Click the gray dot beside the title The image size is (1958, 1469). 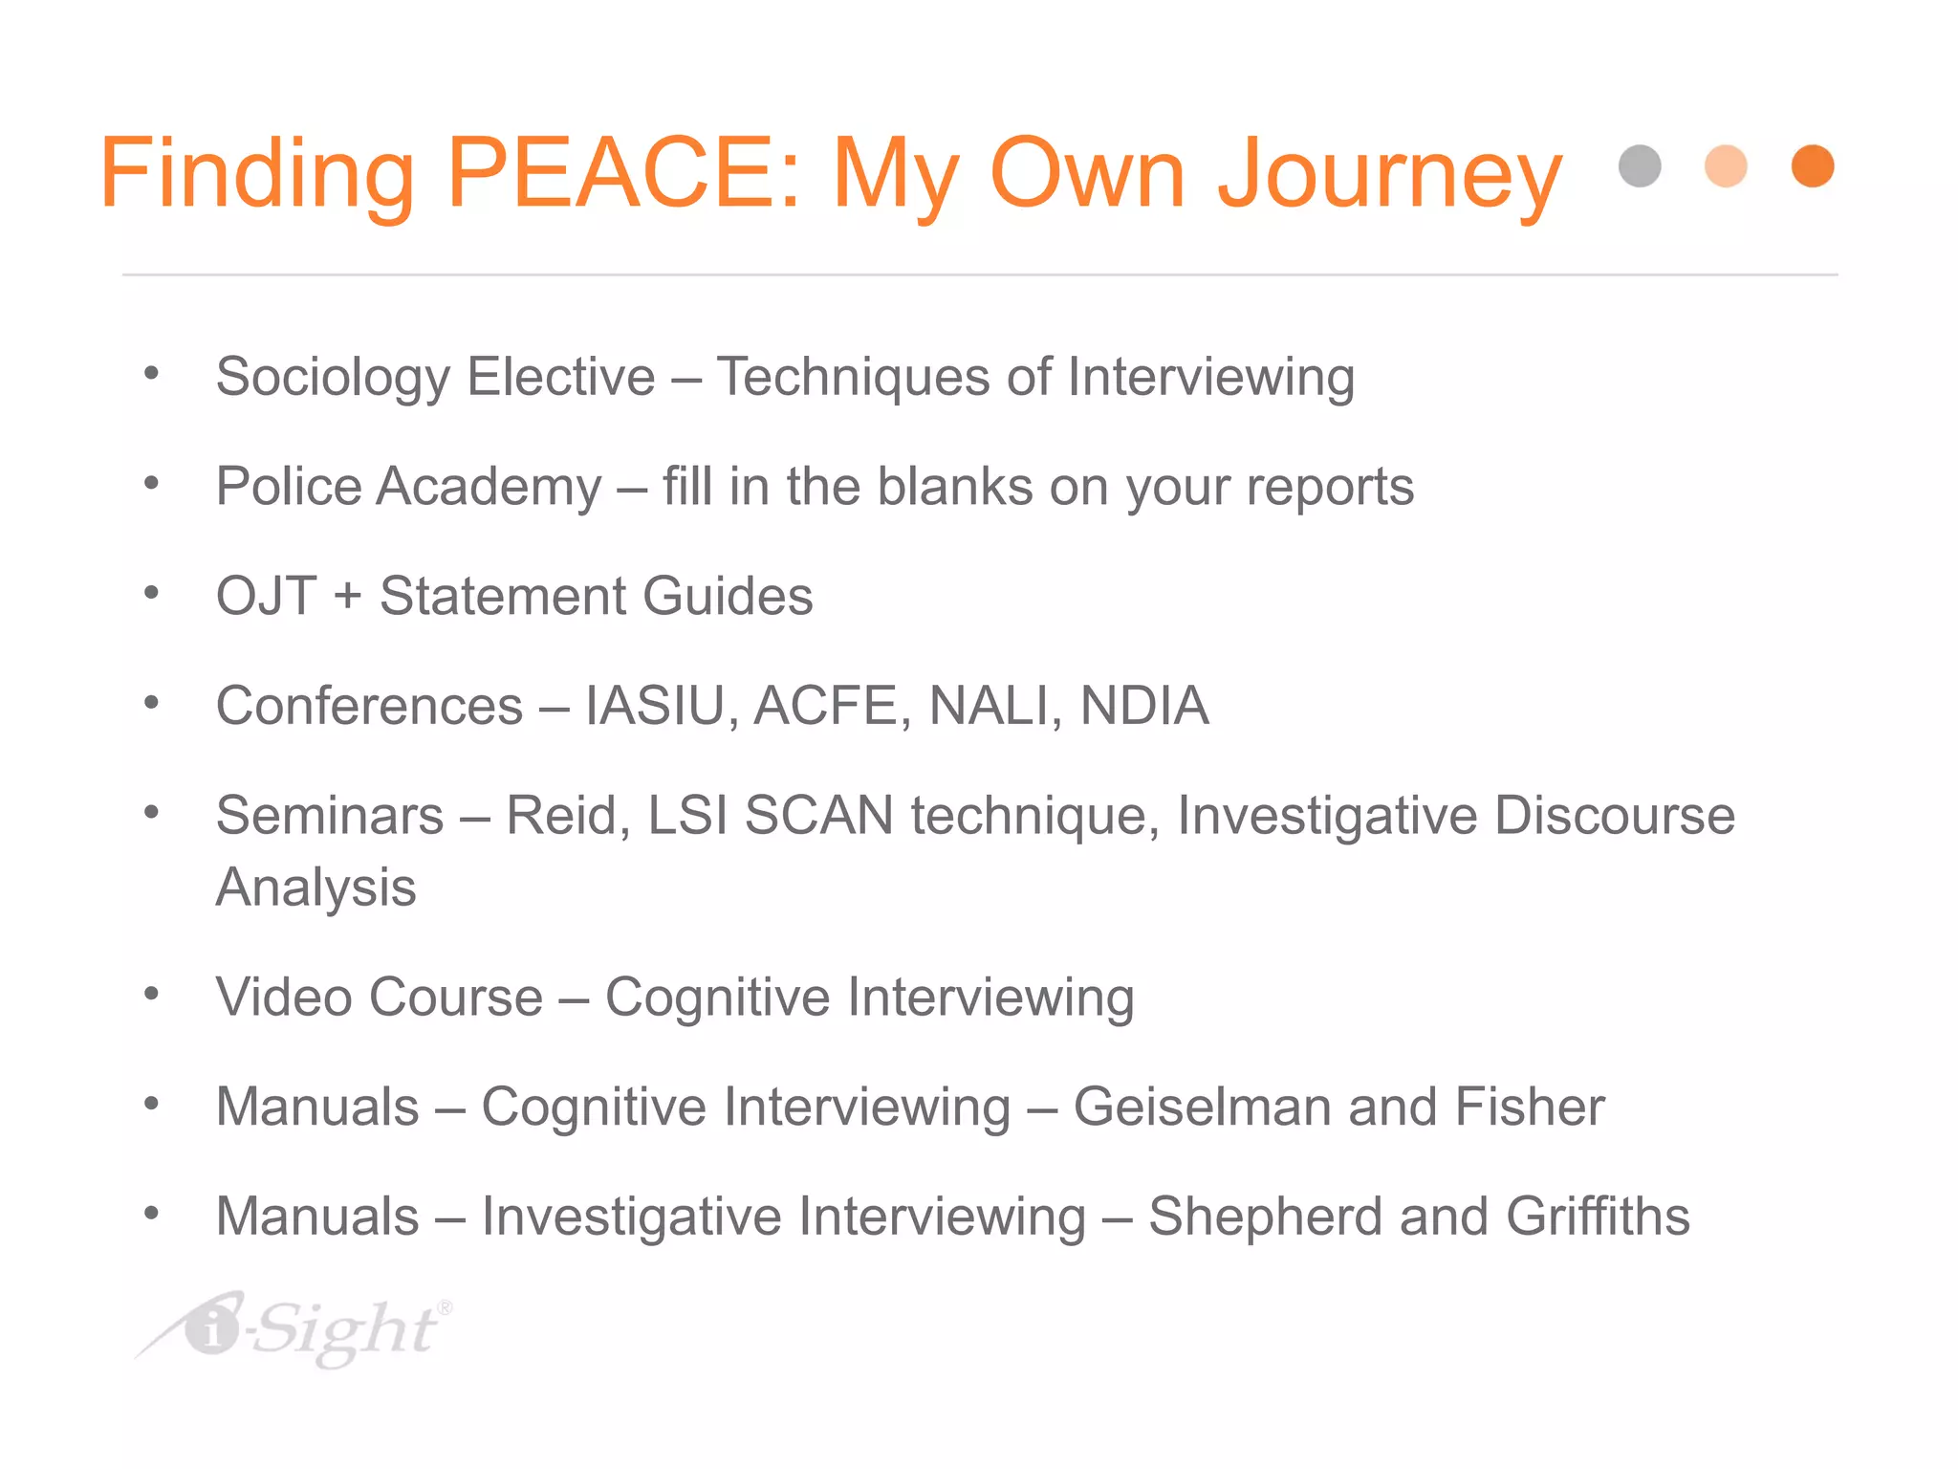coord(1640,166)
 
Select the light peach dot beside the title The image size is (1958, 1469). coord(1726,166)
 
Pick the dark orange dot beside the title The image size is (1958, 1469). coord(1813,166)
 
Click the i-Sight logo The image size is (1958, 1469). coord(296,1329)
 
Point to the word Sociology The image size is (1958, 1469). coord(332,377)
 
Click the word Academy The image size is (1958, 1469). coord(489,487)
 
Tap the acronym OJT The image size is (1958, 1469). coord(266,596)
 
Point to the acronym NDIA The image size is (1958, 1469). coord(1144,706)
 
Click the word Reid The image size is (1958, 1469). coord(568,816)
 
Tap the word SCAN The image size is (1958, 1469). coord(818,816)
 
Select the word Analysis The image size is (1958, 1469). coord(315,888)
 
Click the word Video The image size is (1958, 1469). coord(284,998)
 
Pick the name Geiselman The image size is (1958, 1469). coord(1202,1107)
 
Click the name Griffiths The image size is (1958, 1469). coord(1598,1217)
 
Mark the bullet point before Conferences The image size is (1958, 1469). coord(151,704)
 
